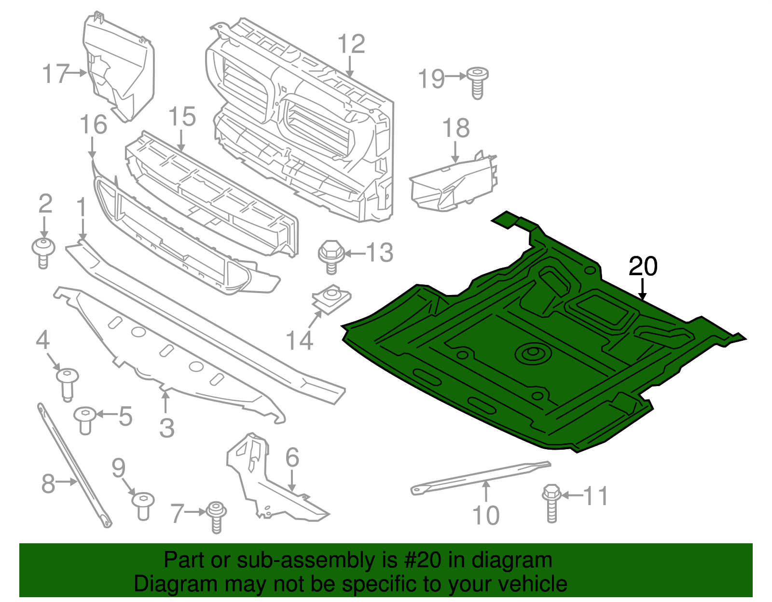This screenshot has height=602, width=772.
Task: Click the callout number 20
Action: click(643, 267)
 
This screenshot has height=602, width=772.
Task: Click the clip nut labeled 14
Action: click(331, 299)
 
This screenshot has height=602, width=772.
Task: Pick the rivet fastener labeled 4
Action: click(67, 383)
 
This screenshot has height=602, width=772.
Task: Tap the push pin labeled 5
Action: click(85, 420)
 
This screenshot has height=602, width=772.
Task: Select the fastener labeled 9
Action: click(143, 506)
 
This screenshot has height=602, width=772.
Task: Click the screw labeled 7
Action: click(216, 517)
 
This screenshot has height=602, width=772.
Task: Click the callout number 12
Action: click(351, 44)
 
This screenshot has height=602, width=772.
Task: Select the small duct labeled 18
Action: click(454, 186)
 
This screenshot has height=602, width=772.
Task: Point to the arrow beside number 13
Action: click(355, 253)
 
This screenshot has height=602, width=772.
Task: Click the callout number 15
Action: click(182, 117)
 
